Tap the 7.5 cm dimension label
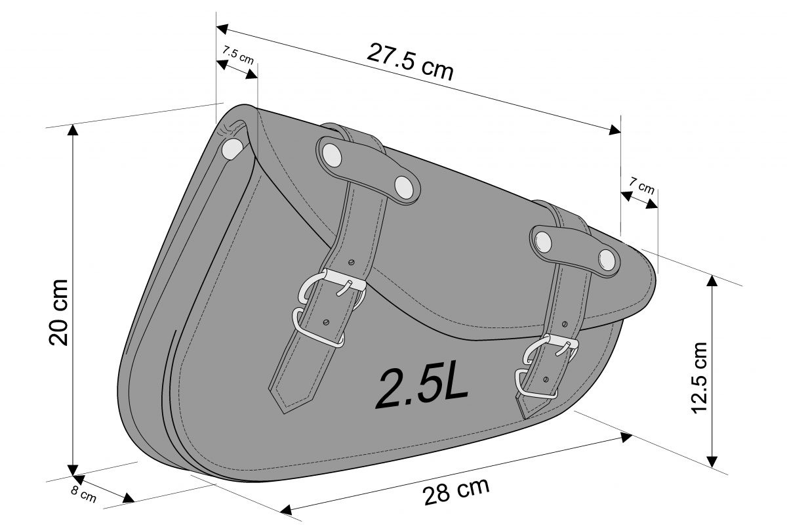pos(238,55)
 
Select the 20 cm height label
pos(58,312)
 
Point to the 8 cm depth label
pos(84,494)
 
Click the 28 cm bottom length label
pos(456,491)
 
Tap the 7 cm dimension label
pos(641,186)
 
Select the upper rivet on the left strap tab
pos(332,155)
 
